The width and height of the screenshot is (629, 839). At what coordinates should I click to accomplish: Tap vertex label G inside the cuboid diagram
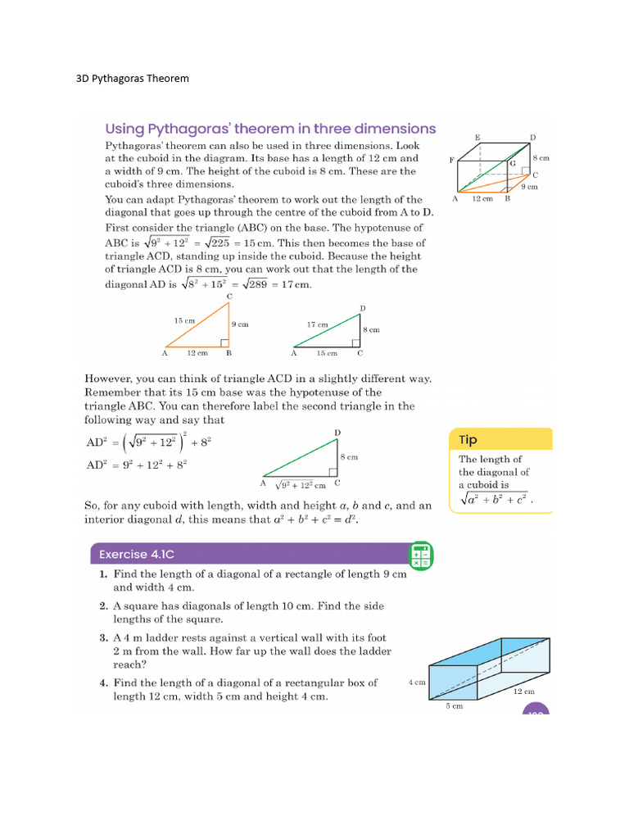pyautogui.click(x=513, y=164)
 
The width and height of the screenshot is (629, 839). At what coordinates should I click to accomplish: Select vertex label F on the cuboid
pyautogui.click(x=451, y=161)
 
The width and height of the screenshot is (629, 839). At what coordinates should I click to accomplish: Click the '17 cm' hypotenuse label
pyautogui.click(x=318, y=324)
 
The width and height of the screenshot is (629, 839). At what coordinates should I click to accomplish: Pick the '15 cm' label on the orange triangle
pyautogui.click(x=184, y=320)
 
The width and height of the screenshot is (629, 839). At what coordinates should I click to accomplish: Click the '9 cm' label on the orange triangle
pyautogui.click(x=240, y=324)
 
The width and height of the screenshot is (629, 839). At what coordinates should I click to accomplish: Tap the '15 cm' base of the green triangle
pyautogui.click(x=326, y=353)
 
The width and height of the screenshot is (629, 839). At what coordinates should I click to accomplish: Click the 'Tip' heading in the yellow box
pyautogui.click(x=468, y=440)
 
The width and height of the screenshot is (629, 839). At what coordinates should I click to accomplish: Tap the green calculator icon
pyautogui.click(x=420, y=555)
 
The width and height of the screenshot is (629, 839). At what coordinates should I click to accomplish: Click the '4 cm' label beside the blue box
pyautogui.click(x=416, y=682)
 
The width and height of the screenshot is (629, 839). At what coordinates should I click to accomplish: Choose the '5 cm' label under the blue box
pyautogui.click(x=454, y=705)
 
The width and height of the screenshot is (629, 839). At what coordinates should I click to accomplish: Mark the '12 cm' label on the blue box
pyautogui.click(x=524, y=692)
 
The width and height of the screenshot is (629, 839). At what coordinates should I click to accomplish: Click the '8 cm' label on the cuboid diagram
pyautogui.click(x=540, y=157)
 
